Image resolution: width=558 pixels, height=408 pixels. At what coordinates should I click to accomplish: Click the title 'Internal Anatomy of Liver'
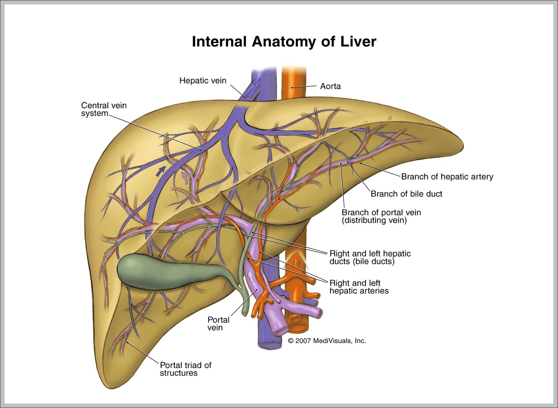pos(284,42)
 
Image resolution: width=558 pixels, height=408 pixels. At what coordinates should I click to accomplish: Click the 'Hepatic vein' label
pos(203,81)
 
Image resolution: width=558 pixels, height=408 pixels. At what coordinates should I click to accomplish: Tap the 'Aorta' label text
pos(330,86)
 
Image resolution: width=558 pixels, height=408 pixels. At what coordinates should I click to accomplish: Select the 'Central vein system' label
pos(104,109)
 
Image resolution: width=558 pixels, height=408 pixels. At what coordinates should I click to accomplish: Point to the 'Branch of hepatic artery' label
pos(447,176)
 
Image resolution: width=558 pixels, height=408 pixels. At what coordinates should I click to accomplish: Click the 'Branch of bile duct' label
pos(406,194)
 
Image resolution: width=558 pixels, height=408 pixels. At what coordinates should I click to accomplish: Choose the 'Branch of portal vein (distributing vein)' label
pos(381,216)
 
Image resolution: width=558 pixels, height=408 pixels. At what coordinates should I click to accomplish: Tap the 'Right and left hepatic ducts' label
pos(370,257)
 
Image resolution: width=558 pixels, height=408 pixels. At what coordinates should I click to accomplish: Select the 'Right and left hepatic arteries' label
pos(359,287)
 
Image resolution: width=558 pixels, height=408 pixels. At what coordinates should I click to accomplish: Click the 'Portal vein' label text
pos(218,323)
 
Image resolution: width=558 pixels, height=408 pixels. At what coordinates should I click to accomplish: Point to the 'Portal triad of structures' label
pos(185,369)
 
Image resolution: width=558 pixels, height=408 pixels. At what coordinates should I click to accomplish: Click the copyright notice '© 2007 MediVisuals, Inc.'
pos(327,341)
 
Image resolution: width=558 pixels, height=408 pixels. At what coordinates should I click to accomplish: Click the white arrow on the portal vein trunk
pos(251,276)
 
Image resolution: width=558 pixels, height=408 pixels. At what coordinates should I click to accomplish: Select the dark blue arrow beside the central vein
pos(161,171)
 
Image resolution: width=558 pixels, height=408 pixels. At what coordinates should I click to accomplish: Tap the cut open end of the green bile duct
pos(244,314)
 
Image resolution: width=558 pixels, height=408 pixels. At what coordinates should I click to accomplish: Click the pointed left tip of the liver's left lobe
pos(462,146)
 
